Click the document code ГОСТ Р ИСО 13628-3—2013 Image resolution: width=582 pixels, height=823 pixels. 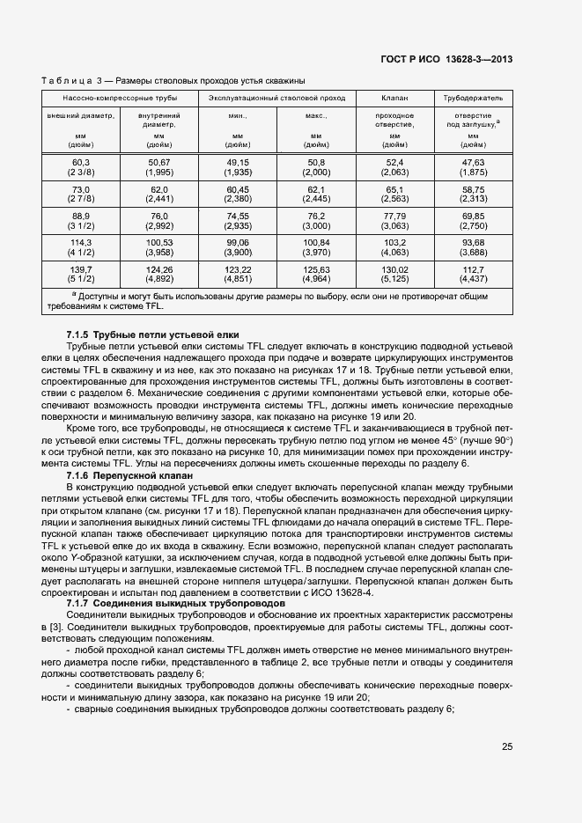(446, 60)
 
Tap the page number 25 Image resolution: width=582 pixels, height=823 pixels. (507, 747)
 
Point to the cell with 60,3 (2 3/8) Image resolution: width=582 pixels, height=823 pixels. (81, 168)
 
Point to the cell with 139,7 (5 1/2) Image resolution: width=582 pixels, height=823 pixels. (81, 274)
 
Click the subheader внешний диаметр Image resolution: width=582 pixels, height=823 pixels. (81, 115)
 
